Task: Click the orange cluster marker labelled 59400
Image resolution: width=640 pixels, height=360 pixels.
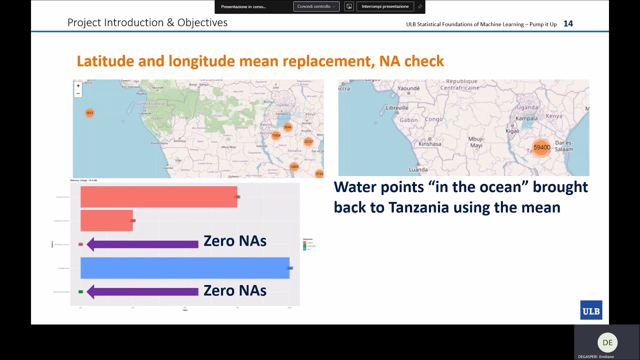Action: (x=541, y=147)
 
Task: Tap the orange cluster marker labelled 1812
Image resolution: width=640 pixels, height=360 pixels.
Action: (x=89, y=113)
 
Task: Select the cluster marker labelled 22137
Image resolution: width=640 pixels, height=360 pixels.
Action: (x=308, y=141)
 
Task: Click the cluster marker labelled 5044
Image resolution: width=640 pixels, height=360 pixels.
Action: (x=287, y=127)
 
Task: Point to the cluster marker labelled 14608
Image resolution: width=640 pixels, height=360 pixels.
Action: (x=294, y=167)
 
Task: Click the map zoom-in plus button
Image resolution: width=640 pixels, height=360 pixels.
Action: (x=78, y=86)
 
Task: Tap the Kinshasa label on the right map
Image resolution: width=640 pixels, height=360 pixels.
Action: (x=429, y=144)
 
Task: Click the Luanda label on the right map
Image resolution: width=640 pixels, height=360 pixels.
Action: (x=417, y=169)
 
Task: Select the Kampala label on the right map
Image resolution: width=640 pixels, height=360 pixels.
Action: (x=526, y=118)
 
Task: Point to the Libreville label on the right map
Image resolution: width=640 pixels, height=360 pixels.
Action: (x=397, y=107)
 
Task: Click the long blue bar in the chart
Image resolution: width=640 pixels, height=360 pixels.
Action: (x=184, y=268)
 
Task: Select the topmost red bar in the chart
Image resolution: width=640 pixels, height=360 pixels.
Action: (x=158, y=197)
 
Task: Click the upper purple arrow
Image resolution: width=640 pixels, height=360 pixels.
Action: (x=142, y=244)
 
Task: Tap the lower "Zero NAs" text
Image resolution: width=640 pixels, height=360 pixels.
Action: (x=234, y=290)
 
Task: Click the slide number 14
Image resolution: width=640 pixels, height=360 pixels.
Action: (x=568, y=23)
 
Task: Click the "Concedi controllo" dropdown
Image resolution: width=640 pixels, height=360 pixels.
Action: (x=316, y=6)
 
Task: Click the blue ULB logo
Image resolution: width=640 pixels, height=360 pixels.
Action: (x=591, y=310)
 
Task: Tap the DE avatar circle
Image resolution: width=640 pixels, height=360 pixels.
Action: (x=607, y=342)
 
